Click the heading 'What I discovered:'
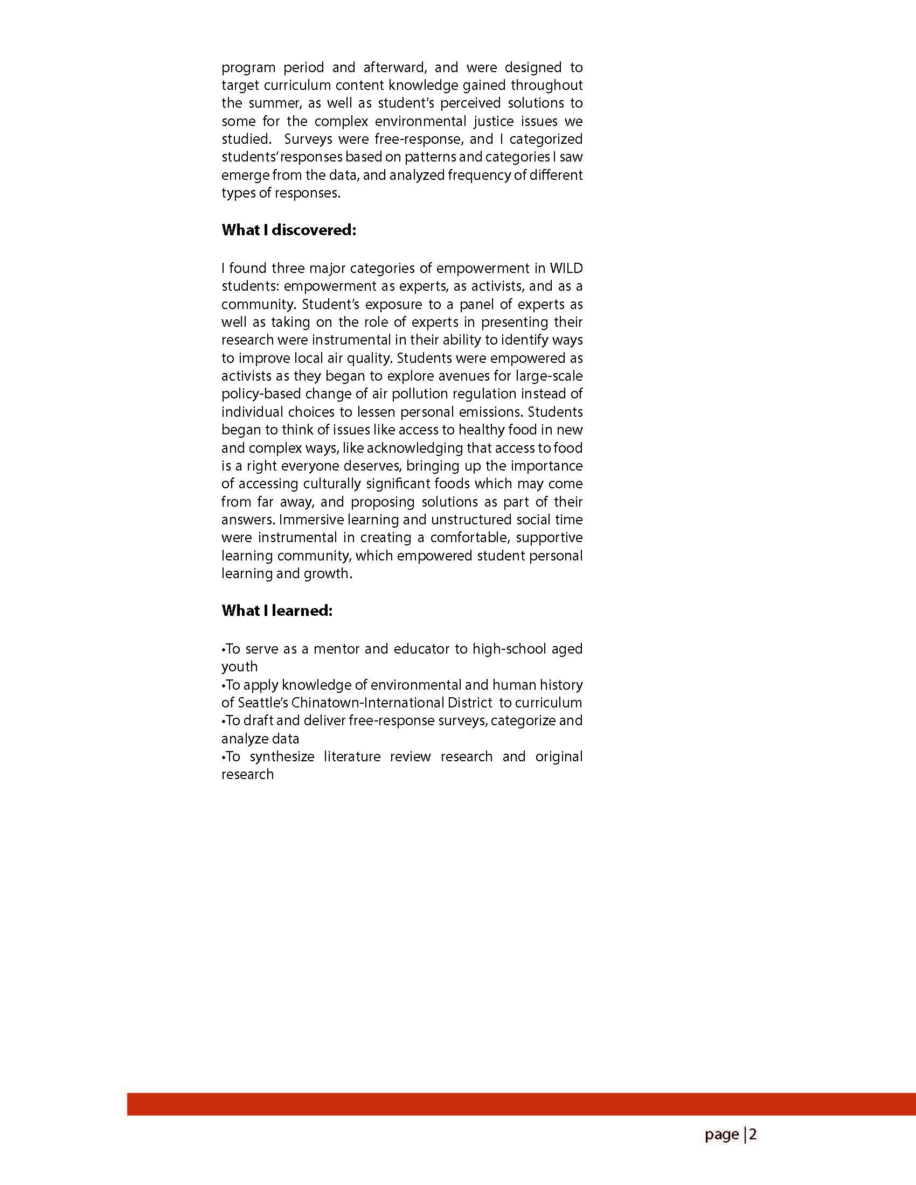click(x=288, y=230)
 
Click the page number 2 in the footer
click(x=753, y=1134)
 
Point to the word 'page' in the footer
click(x=721, y=1134)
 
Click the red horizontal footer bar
click(x=521, y=1104)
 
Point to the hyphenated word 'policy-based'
click(x=261, y=394)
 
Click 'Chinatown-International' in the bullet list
click(x=367, y=703)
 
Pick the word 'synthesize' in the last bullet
click(x=282, y=756)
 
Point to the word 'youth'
click(x=239, y=667)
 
